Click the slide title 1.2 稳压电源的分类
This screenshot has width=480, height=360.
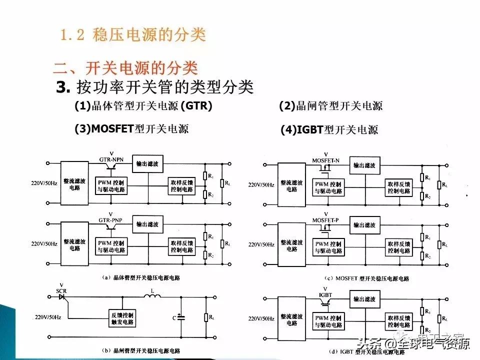133,35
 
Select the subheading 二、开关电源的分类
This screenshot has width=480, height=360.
125,68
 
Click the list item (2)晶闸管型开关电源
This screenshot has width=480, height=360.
330,105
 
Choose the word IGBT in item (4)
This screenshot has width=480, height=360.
310,130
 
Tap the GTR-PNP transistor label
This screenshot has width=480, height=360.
111,219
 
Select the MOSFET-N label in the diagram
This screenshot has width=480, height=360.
326,160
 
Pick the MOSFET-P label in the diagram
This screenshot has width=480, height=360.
326,219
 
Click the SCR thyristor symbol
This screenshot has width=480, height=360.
62,296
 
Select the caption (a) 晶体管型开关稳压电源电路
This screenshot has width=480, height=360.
140,277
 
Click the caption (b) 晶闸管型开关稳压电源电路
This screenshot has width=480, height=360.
140,350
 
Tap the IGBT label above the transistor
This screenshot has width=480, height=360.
325,295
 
